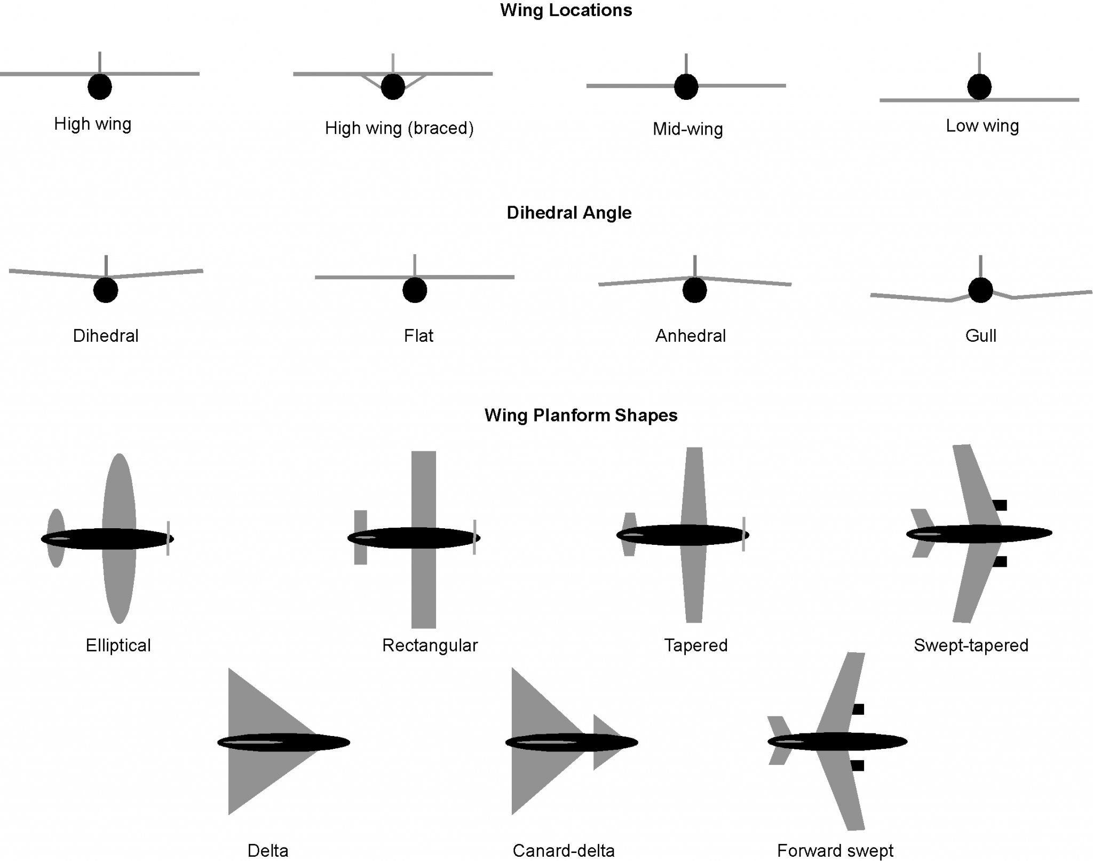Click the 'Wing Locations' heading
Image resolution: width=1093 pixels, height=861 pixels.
coord(566,11)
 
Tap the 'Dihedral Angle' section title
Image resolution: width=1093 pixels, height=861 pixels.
coord(569,213)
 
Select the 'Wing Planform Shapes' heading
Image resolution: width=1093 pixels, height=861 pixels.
coord(581,416)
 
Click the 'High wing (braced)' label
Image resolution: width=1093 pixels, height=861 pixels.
coord(399,128)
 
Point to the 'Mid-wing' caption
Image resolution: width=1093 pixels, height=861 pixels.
coord(688,129)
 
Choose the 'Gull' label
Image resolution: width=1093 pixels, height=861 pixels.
coord(980,336)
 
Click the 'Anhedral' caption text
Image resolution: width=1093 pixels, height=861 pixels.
coord(691,336)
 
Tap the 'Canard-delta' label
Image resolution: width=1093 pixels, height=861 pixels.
coord(564,850)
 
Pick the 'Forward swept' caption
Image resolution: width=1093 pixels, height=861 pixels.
coord(835,850)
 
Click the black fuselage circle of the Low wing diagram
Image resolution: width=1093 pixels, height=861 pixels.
coord(979,87)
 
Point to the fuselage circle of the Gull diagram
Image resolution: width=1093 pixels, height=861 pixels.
coord(980,291)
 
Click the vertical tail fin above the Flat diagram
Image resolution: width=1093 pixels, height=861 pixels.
coord(415,265)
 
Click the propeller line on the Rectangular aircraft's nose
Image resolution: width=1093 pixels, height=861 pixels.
coord(474,537)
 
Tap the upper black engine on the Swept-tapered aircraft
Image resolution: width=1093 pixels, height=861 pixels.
coord(1000,505)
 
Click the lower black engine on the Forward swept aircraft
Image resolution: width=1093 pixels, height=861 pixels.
coord(857,766)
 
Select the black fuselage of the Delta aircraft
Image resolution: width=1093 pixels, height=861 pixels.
coord(283,742)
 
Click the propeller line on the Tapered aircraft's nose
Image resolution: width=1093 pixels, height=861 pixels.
coord(743,534)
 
